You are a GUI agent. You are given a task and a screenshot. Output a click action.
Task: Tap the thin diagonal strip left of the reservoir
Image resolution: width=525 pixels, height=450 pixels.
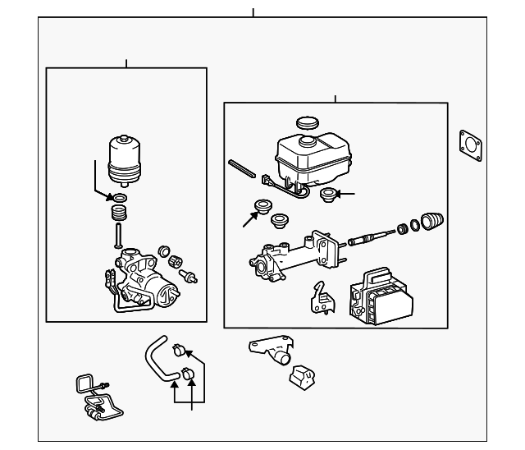coord(243,168)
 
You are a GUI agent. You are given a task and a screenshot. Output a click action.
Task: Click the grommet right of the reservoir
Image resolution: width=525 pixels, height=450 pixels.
coord(328,195)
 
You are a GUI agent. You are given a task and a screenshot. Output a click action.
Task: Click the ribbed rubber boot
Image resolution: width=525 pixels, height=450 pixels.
coord(431,221)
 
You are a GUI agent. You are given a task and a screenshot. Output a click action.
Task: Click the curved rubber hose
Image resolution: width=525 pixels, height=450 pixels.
coord(158,361)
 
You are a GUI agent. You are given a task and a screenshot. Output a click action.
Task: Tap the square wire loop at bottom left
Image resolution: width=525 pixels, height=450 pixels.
coord(84,385)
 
